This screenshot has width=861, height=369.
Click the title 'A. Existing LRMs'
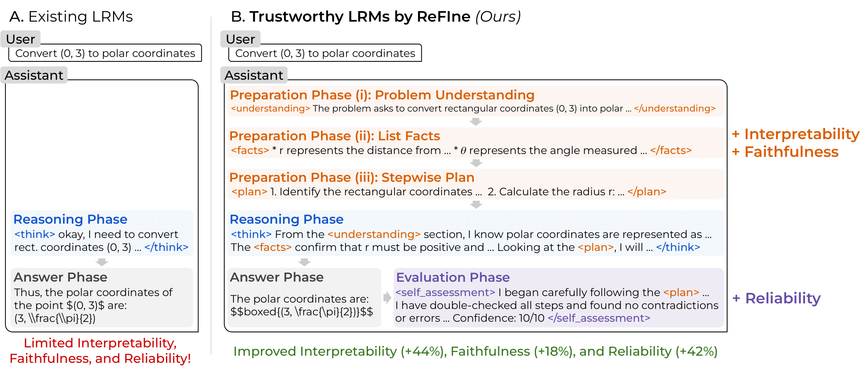[x=71, y=17]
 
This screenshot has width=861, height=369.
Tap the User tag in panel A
[x=20, y=39]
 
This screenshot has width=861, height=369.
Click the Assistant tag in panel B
[x=254, y=75]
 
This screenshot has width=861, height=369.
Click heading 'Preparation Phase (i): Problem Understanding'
[x=382, y=95]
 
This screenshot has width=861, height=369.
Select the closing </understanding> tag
[x=674, y=108]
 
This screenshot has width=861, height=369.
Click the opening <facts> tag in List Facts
[x=250, y=150]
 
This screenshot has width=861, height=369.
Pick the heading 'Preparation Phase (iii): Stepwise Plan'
[x=352, y=177]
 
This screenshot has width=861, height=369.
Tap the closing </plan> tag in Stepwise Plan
[x=646, y=191]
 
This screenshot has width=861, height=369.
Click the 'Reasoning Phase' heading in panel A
[x=70, y=219]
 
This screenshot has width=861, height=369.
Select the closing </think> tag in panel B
[x=678, y=247]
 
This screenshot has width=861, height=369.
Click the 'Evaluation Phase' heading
[x=453, y=277]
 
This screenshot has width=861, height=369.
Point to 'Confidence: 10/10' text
[x=498, y=318]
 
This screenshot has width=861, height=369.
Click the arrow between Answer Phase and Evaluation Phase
[x=387, y=297]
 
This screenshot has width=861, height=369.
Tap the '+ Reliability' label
[x=776, y=298]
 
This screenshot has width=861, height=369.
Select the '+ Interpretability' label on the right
[x=795, y=134]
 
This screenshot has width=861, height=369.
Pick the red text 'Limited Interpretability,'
[x=100, y=343]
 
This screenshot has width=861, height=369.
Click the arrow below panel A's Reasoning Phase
[x=101, y=262]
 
